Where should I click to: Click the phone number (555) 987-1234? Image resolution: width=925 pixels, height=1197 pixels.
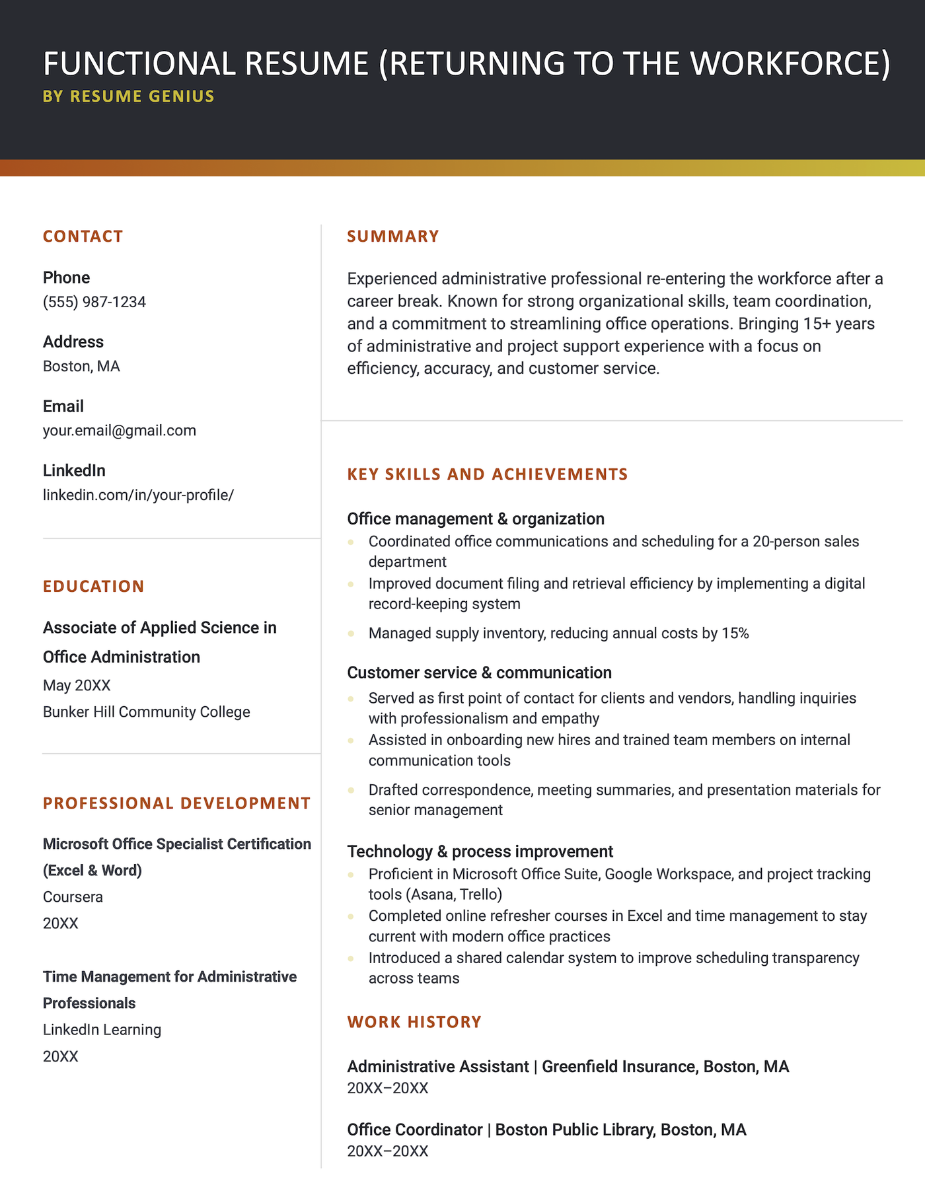point(94,302)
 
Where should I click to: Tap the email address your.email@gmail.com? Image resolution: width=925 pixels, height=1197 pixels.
point(120,431)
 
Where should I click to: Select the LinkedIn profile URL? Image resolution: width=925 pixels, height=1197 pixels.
point(138,495)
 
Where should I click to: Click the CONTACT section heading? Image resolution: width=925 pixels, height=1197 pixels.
point(83,236)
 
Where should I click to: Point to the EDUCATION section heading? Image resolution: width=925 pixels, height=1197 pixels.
point(93,587)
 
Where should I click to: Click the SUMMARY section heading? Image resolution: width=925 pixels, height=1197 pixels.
point(393,236)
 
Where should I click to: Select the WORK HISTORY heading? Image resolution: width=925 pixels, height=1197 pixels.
point(414,1022)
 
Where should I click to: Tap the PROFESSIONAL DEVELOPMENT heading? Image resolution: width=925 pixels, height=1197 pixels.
point(176,803)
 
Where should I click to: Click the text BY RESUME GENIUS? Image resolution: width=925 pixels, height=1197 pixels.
point(129,96)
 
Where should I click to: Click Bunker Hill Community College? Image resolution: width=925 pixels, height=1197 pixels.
point(147,712)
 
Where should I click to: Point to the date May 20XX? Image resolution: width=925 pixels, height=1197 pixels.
point(77,685)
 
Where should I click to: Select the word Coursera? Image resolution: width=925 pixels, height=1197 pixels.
point(73,897)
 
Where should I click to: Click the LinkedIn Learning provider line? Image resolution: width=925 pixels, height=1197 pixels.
point(102,1030)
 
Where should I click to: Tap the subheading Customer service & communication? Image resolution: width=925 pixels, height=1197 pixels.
point(479,672)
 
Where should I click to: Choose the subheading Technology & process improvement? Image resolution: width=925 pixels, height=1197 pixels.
point(480,852)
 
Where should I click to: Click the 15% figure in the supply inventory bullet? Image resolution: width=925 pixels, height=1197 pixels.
point(735,634)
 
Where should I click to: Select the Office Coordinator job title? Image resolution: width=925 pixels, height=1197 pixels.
point(414,1130)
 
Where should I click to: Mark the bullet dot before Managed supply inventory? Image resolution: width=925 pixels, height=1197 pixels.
point(351,634)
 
